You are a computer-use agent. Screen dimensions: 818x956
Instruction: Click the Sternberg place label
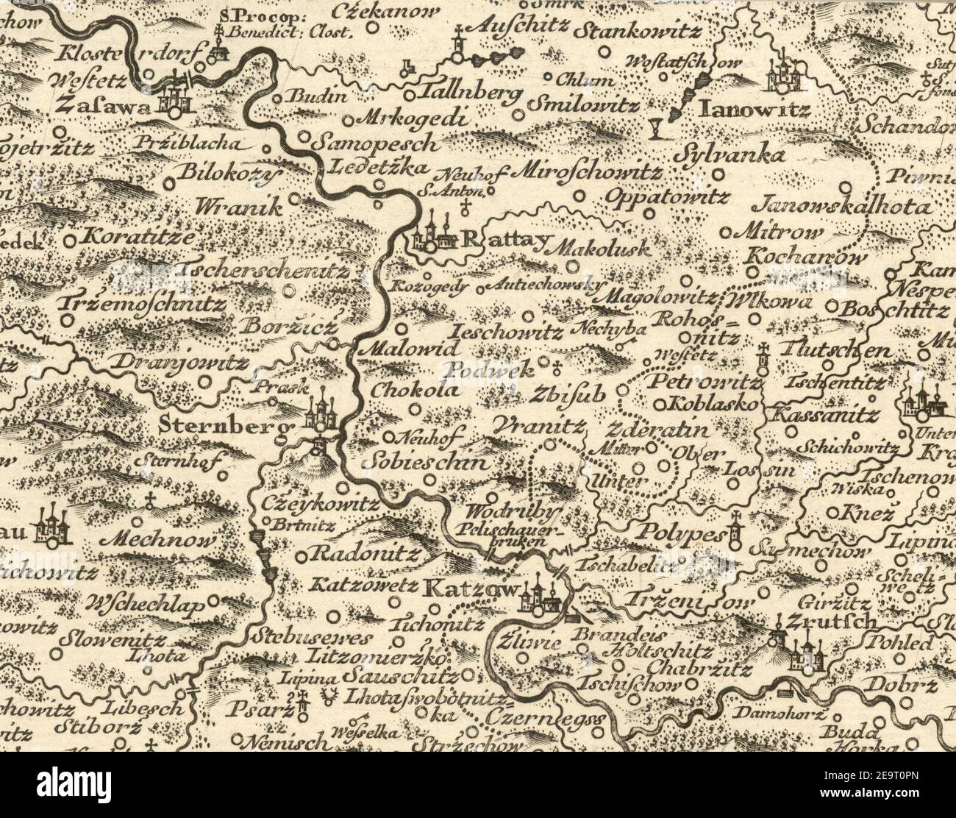coord(221,426)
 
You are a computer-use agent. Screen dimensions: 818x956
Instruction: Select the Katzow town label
coord(473,588)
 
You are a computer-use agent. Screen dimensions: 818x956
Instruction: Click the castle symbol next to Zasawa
coord(174,94)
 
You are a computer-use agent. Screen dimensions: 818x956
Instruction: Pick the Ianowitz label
coord(755,110)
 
